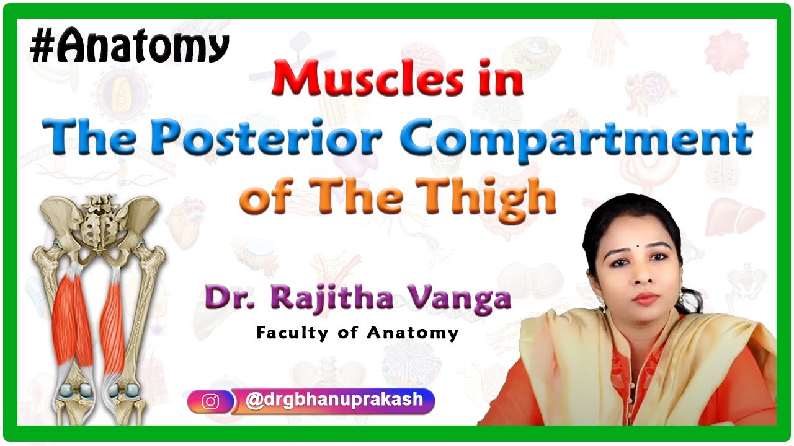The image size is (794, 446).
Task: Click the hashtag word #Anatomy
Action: click(x=130, y=47)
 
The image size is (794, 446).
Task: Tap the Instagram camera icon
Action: click(x=211, y=401)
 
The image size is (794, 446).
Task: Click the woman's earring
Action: click(x=601, y=306)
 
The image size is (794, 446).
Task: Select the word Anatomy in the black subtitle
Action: click(x=412, y=333)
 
